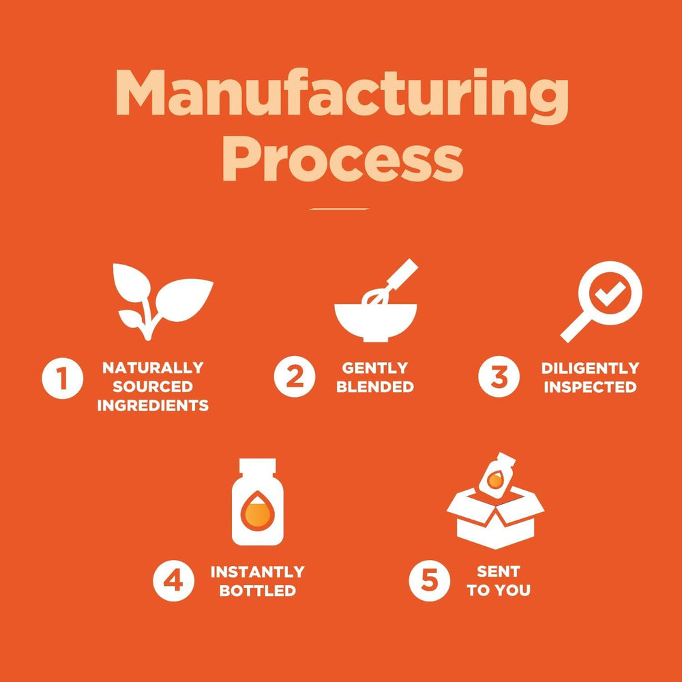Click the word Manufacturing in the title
342,97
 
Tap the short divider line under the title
340,209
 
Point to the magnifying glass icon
602,301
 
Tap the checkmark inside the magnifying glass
610,293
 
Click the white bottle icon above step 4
258,502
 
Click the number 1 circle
62,378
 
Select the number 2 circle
295,376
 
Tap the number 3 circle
499,376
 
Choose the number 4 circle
173,581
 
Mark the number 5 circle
429,580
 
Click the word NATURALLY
153,368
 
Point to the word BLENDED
375,387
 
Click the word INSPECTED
590,387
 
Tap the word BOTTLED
258,591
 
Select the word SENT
499,571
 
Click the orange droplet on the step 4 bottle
258,512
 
